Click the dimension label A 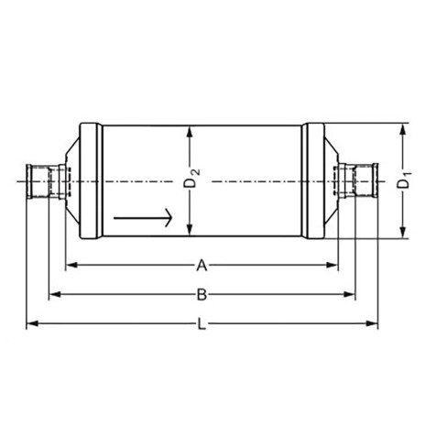[202, 266]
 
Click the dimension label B [202, 294]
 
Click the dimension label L [202, 323]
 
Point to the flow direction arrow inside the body [143, 218]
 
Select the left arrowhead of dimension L [30, 323]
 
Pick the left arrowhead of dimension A [70, 266]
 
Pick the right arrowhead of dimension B [350, 294]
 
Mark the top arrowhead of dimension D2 [190, 131]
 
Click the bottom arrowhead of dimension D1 [403, 236]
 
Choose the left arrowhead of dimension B [53, 294]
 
